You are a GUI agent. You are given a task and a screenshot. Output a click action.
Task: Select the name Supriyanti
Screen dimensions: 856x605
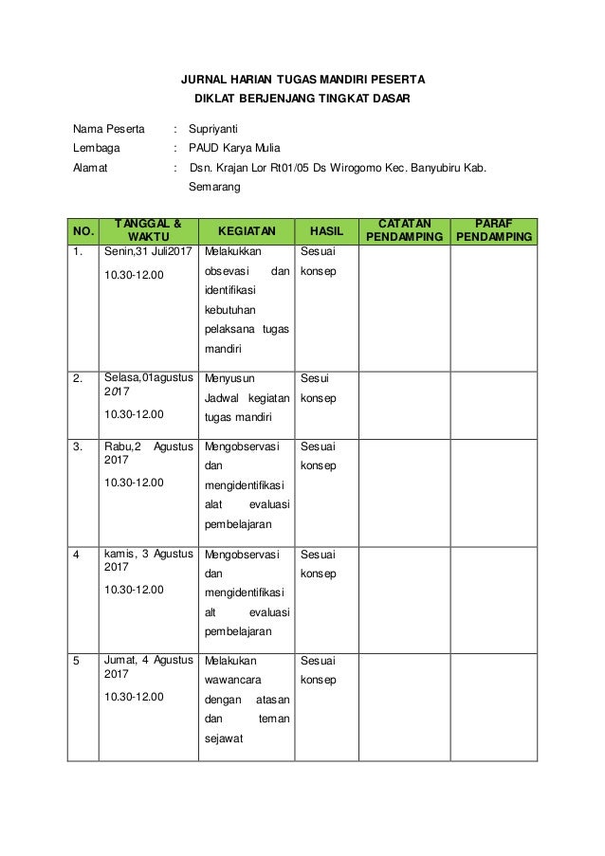[x=213, y=127]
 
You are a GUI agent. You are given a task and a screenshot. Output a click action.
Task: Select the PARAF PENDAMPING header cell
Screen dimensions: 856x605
[x=493, y=228]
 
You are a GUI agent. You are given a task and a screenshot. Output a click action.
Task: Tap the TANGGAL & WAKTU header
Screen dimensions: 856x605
[x=148, y=228]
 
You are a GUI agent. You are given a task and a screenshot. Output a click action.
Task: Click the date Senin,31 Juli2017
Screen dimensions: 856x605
[x=148, y=254]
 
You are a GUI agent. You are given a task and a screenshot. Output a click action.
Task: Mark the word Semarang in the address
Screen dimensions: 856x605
[x=214, y=188]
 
